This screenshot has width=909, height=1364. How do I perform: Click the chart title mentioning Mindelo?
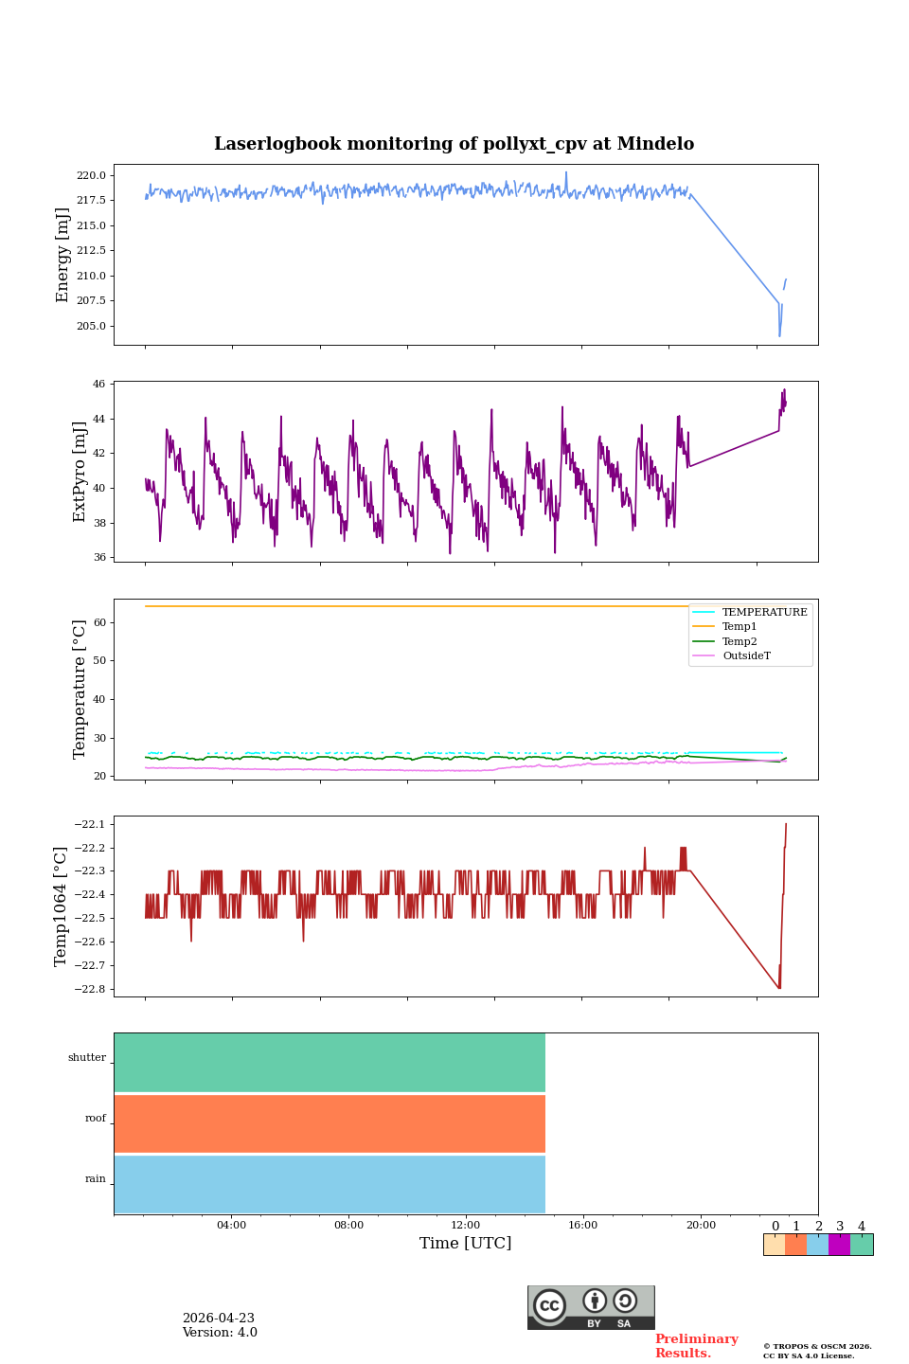coord(454,144)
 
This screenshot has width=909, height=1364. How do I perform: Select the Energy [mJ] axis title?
coord(62,255)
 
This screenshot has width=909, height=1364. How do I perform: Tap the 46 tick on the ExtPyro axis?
coord(99,384)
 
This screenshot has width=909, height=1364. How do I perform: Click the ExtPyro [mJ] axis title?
coord(80,472)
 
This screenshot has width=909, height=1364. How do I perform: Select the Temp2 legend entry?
coord(740,641)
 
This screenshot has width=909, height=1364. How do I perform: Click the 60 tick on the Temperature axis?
coord(99,622)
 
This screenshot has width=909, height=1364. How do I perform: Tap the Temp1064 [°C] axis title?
coord(62,906)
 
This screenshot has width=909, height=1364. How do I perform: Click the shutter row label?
coord(87,1057)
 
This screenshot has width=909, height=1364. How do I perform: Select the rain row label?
coord(96,1178)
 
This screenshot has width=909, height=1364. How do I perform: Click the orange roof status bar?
coord(330,1123)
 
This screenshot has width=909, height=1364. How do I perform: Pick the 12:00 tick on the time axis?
coord(466,1225)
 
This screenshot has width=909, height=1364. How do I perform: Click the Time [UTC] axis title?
coord(466,1243)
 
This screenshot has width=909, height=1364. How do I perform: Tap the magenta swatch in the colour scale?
coord(839,1245)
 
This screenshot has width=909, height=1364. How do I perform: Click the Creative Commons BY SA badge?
coord(591,1307)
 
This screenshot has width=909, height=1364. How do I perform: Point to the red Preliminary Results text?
coord(696,1345)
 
